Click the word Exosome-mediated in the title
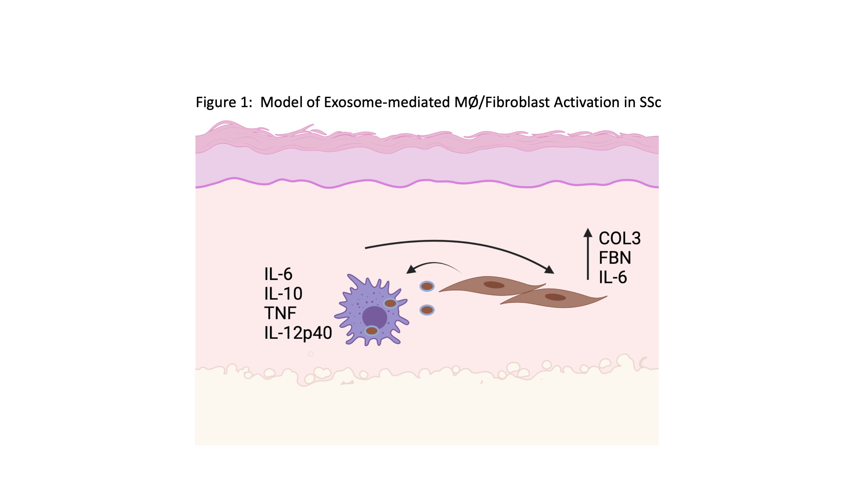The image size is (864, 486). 386,102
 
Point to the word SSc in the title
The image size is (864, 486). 650,102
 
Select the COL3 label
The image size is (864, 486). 619,239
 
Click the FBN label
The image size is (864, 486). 615,258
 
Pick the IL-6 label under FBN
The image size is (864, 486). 613,277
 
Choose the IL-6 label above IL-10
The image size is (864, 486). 278,274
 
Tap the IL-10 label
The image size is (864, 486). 283,294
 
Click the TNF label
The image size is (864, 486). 280,313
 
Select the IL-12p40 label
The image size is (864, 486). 298,333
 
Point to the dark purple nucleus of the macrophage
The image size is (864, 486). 374,317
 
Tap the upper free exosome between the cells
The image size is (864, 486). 427,286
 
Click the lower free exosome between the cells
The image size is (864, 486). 427,310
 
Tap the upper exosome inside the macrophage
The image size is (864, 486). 390,303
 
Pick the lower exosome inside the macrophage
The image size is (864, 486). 372,331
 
